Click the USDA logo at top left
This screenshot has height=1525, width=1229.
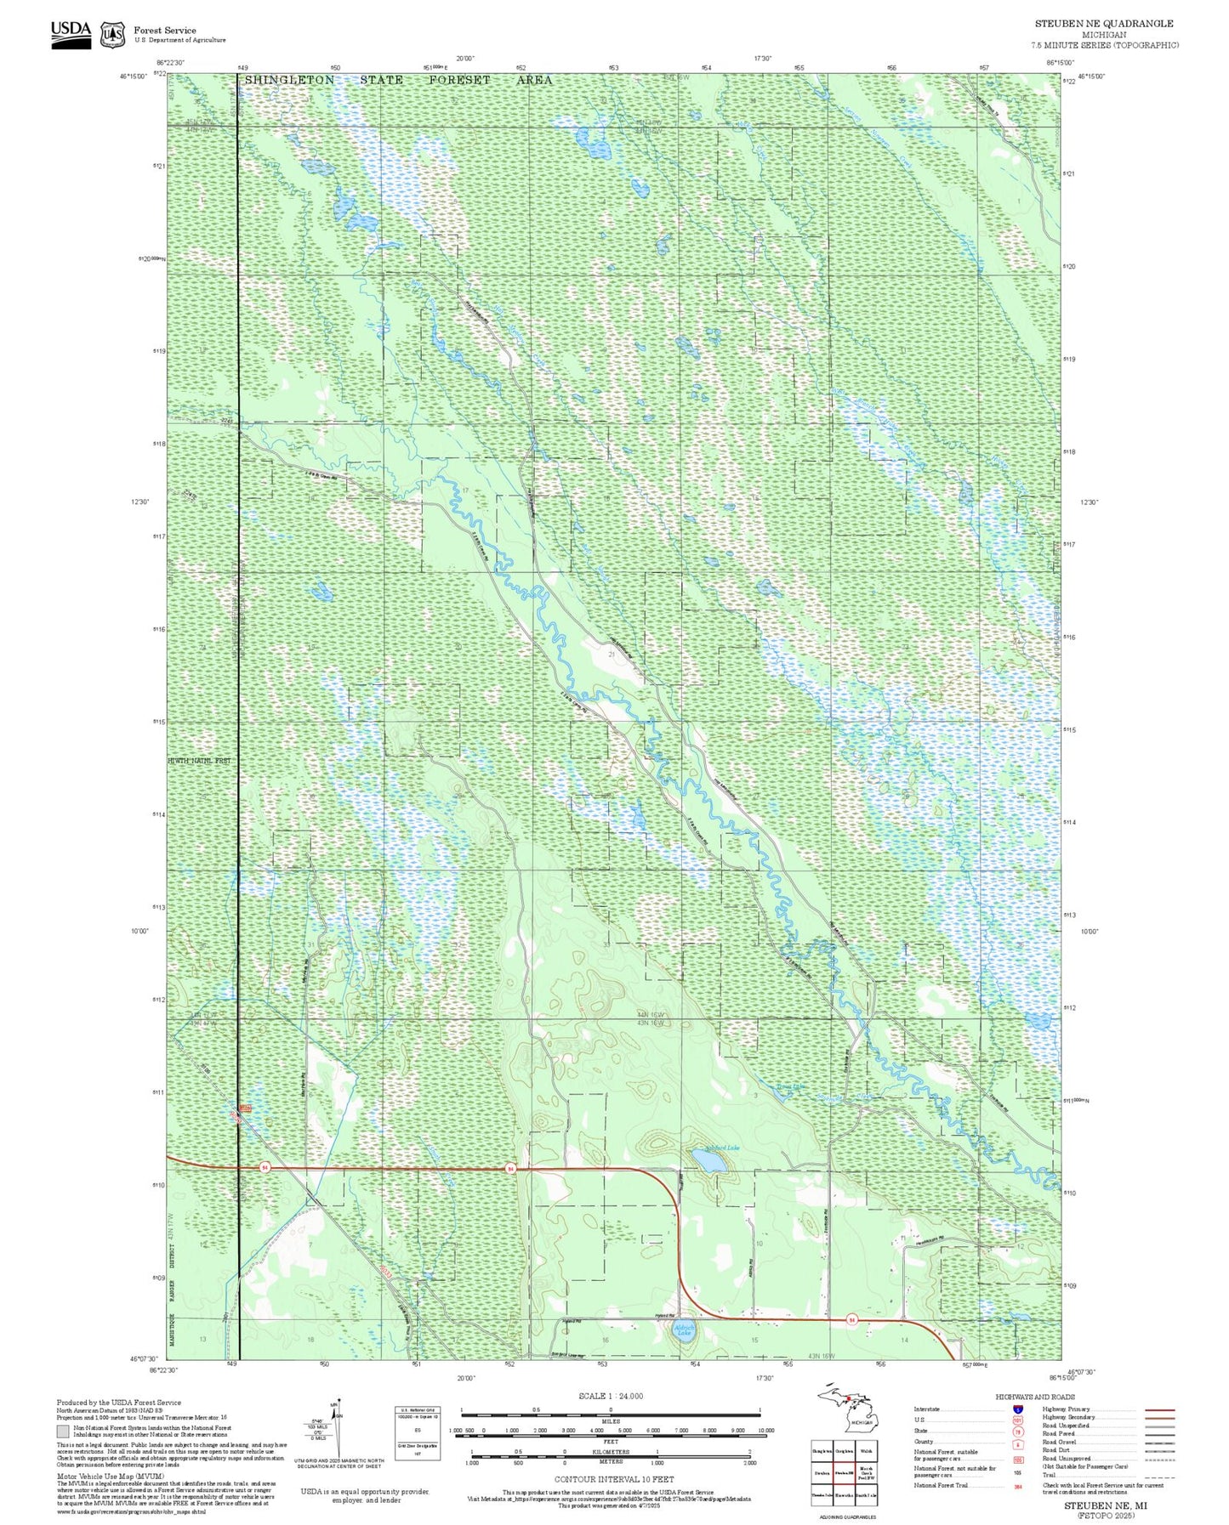point(71,32)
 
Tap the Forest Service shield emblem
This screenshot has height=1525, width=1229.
point(111,35)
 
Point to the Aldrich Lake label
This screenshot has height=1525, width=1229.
point(684,1328)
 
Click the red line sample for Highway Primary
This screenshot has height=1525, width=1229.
point(1159,1409)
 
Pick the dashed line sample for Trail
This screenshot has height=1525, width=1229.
point(1159,1477)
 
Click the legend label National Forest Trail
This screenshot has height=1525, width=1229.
point(941,1485)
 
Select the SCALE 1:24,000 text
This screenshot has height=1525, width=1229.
point(611,1396)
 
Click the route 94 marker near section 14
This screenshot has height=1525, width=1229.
point(851,1320)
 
